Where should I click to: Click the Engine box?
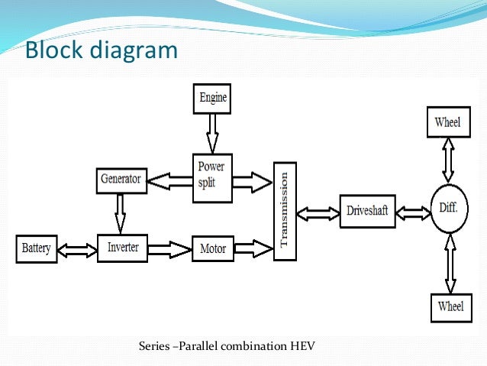[x=213, y=99]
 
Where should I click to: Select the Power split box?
[x=211, y=177]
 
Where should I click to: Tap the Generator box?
[x=121, y=180]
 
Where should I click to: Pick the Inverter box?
[x=122, y=248]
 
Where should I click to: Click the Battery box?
[x=37, y=249]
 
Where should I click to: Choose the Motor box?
[x=213, y=249]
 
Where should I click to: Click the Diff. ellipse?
[x=448, y=206]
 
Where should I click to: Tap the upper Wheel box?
[x=448, y=122]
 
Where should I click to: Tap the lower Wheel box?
[x=450, y=306]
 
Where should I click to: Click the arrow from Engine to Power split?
[x=212, y=133]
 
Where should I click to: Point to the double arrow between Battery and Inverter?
[x=78, y=249]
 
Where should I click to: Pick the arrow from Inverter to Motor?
[x=168, y=249]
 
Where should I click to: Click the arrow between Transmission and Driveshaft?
[x=317, y=210]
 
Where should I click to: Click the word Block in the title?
[x=55, y=51]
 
